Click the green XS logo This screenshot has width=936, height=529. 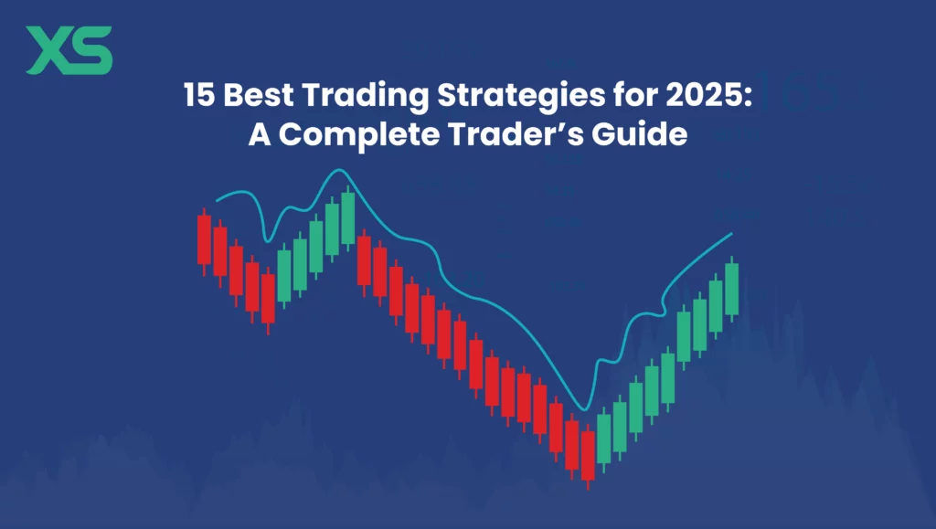tap(69, 50)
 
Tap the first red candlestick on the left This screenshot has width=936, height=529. tap(204, 239)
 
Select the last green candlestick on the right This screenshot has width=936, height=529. tap(731, 289)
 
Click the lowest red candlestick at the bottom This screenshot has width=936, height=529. tap(588, 455)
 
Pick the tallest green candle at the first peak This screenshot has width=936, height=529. tap(347, 218)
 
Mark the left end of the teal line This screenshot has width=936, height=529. tap(217, 200)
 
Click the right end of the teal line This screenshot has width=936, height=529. tap(732, 234)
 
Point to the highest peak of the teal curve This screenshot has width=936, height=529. tap(340, 171)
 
